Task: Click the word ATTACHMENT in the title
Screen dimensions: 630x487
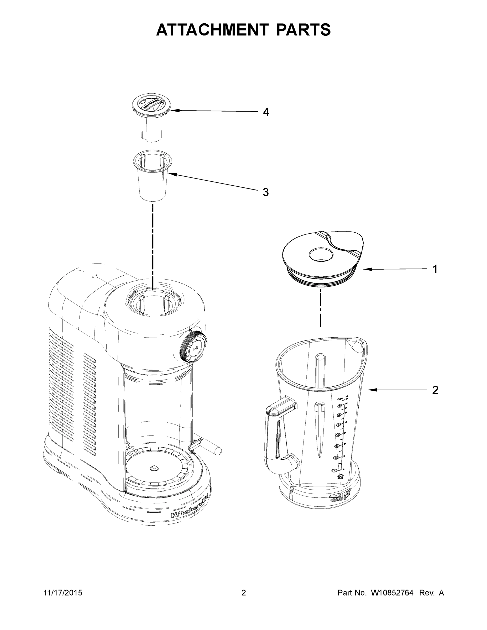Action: tap(212, 30)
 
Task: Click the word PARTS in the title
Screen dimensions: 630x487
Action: tap(303, 30)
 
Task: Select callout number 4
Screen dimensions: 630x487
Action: tap(266, 112)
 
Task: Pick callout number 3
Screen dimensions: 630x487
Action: tap(266, 192)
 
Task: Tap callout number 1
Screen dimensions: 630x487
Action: tap(435, 269)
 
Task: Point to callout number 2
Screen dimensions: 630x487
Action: tap(435, 390)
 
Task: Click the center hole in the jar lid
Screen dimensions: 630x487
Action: tap(321, 254)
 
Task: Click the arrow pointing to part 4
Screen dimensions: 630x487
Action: tap(213, 111)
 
